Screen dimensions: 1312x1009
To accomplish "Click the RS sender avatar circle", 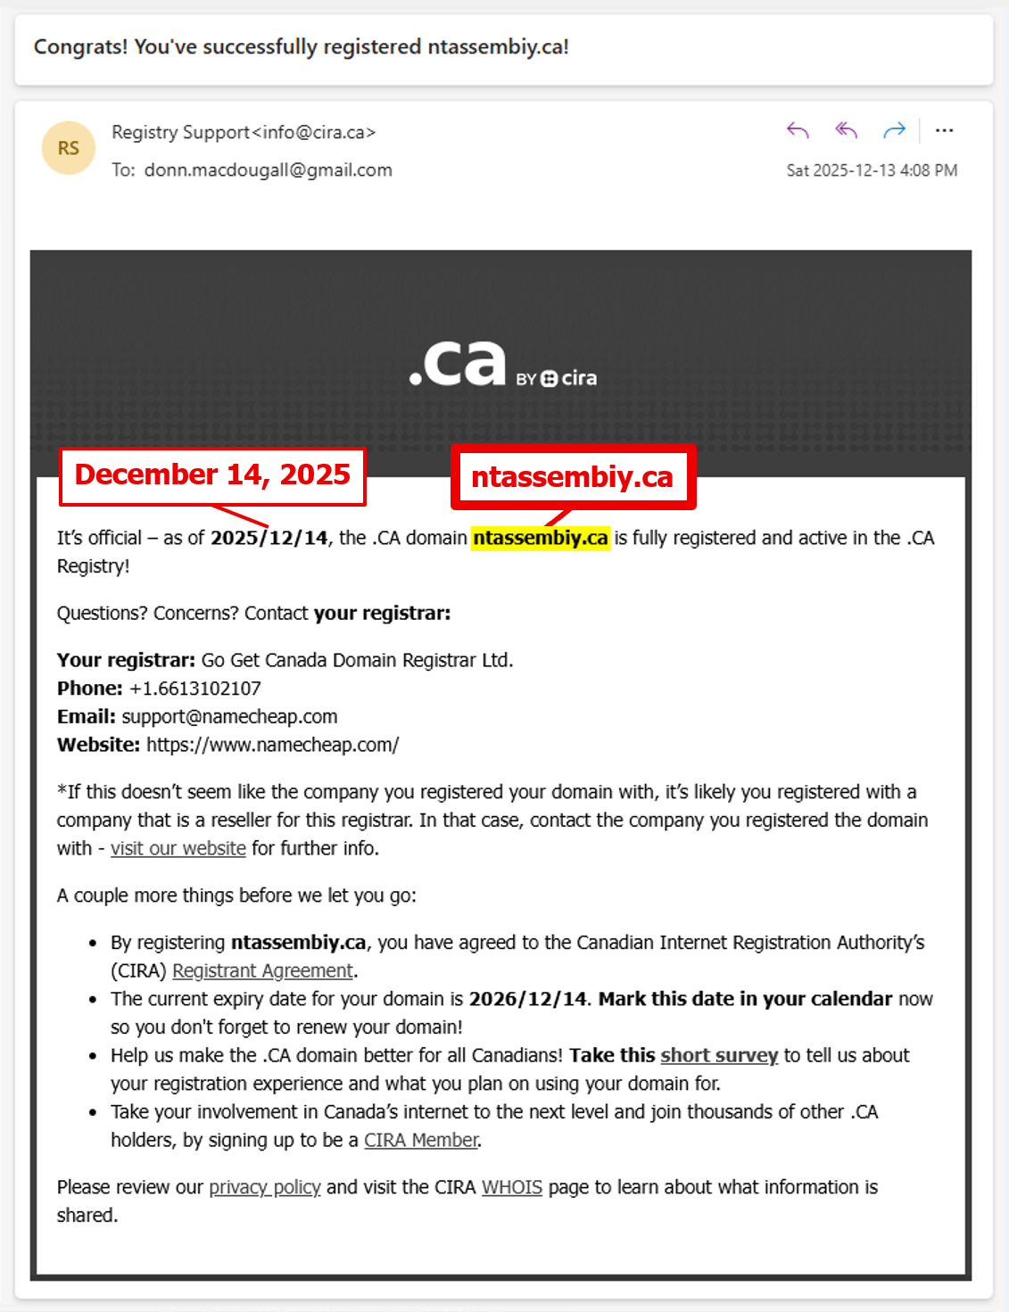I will [69, 148].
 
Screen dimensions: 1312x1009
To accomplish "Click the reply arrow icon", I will [798, 131].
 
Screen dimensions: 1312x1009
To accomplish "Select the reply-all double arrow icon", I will [846, 131].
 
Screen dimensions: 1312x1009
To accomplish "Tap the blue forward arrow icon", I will [894, 131].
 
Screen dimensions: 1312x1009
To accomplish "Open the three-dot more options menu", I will [944, 131].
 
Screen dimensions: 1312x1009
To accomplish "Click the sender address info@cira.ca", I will [314, 132].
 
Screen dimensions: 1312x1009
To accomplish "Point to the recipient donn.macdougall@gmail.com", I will [268, 170].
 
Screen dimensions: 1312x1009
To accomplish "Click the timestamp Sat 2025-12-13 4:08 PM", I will [872, 170].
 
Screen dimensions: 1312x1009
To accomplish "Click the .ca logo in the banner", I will [459, 364].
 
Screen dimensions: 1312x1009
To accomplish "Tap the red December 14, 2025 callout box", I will [212, 475].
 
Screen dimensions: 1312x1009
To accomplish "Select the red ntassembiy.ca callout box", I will [573, 477].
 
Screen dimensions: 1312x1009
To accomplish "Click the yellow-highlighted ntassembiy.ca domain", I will [541, 538].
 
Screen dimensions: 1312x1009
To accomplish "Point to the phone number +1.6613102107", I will [195, 689].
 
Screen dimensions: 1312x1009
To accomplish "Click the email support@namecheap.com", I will [229, 717].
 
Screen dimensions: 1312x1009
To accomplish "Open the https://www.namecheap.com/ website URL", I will [272, 745].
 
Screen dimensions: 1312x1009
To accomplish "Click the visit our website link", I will [178, 848].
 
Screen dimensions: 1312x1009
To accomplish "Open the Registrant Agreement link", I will [262, 970].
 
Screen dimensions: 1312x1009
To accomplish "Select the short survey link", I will [719, 1055].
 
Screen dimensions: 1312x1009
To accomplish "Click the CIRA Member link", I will [421, 1140].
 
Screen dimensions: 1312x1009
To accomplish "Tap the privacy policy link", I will [265, 1187].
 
